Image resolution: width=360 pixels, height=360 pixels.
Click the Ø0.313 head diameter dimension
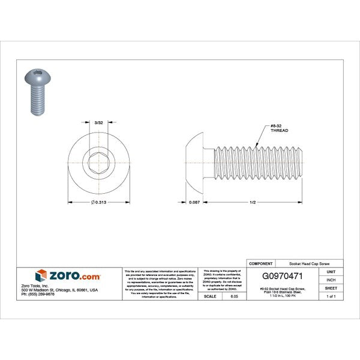[x=100, y=202]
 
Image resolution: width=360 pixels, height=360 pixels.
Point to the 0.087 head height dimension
[x=194, y=202]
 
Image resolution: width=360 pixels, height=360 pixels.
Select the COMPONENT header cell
[x=261, y=263]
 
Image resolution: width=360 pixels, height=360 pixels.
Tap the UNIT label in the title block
[x=331, y=272]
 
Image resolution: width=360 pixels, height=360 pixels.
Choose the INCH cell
[x=331, y=280]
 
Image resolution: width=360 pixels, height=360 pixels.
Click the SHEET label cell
[x=331, y=288]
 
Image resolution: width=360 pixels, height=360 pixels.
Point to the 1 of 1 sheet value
[x=331, y=296]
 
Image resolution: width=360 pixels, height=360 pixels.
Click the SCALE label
[x=210, y=296]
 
